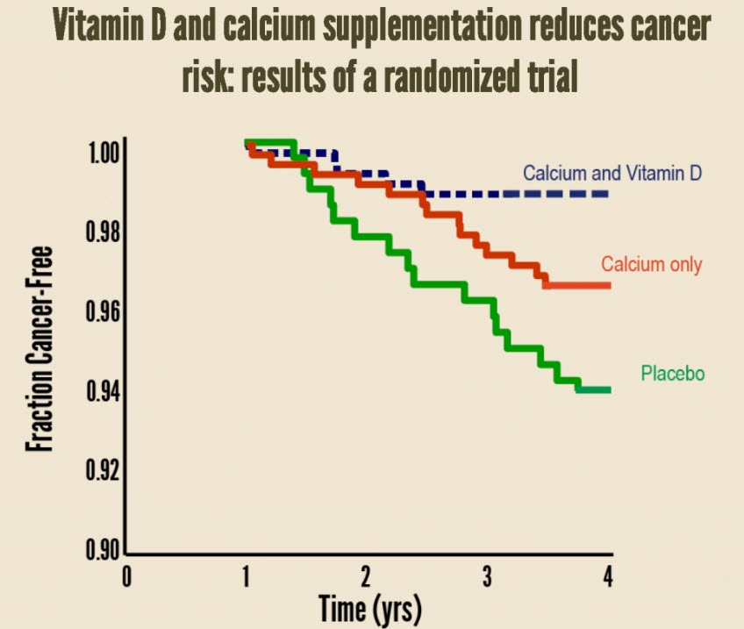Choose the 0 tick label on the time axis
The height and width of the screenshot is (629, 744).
click(126, 576)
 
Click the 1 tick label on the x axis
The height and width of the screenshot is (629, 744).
click(247, 576)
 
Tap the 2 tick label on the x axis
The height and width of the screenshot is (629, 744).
click(366, 576)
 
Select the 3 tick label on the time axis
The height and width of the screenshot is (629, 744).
click(486, 576)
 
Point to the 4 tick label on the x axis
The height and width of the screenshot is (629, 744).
click(606, 576)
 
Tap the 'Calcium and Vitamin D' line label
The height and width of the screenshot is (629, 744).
click(612, 173)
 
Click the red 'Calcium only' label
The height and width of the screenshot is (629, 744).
click(651, 264)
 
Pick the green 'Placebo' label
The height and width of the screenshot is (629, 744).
click(673, 374)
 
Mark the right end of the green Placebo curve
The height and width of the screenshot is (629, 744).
click(608, 390)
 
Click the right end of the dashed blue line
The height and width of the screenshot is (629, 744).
click(608, 193)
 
